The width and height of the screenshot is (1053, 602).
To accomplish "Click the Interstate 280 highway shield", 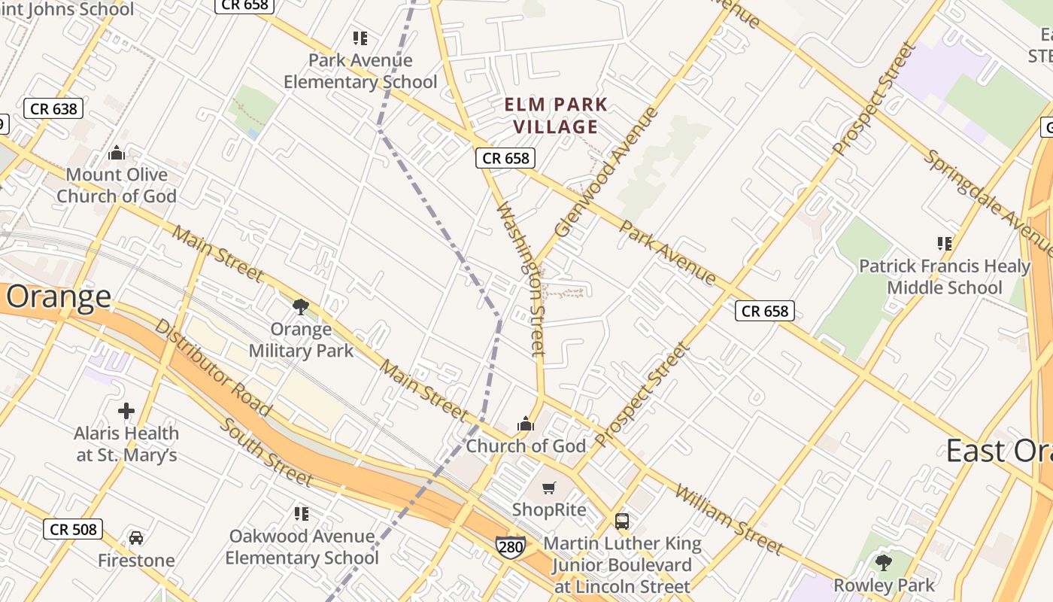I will (x=510, y=546).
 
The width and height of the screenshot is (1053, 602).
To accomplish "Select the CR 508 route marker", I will (x=73, y=529).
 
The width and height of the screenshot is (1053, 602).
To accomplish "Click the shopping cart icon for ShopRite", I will (x=549, y=488).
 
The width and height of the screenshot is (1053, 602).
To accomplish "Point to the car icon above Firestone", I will (x=136, y=538).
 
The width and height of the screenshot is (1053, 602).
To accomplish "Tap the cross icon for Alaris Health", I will (x=126, y=411).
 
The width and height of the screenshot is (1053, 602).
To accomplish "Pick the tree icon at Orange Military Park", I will (x=301, y=306).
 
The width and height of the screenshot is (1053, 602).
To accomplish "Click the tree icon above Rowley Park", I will (x=884, y=562).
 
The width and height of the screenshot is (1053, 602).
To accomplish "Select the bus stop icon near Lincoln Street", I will (x=622, y=521).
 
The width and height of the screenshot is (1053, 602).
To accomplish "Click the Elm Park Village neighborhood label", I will (x=556, y=115).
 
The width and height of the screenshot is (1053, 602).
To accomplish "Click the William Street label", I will (x=729, y=518).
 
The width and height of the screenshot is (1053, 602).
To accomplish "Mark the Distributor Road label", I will (x=213, y=366).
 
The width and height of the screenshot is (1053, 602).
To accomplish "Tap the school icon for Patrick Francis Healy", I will (x=945, y=243).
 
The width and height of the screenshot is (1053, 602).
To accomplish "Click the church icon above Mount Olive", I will (x=117, y=153).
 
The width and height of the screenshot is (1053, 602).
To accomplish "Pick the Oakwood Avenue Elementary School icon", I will (x=302, y=514).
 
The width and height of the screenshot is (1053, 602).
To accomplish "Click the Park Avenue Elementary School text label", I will (x=360, y=71).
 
